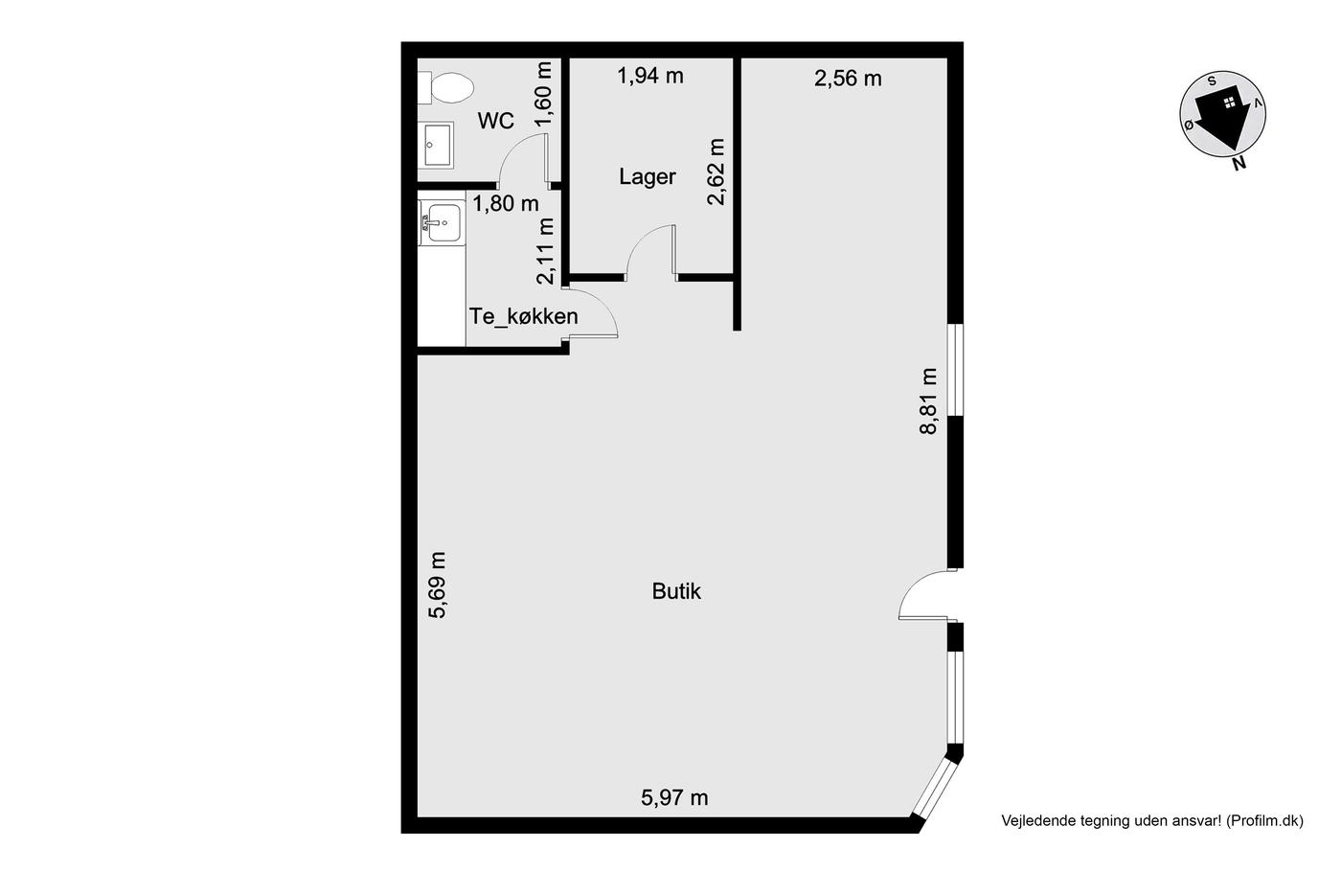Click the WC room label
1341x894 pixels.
pyautogui.click(x=496, y=121)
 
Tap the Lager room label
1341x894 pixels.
pyautogui.click(x=648, y=176)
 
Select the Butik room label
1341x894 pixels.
pyautogui.click(x=676, y=591)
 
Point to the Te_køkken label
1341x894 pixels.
pyautogui.click(x=523, y=316)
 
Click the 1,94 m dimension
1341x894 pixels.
pyautogui.click(x=650, y=76)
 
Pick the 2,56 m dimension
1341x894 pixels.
pyautogui.click(x=848, y=79)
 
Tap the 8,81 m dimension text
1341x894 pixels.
pyautogui.click(x=928, y=401)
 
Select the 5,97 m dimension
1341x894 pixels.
pyautogui.click(x=674, y=797)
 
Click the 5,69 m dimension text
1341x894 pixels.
pyautogui.click(x=438, y=585)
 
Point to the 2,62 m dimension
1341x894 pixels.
pyautogui.click(x=716, y=172)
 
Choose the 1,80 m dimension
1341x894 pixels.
pyautogui.click(x=506, y=204)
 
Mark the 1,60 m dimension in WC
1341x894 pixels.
pyautogui.click(x=543, y=94)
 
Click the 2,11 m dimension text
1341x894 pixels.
pyautogui.click(x=545, y=251)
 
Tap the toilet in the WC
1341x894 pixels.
pyautogui.click(x=445, y=87)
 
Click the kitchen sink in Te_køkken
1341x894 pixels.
pyautogui.click(x=442, y=222)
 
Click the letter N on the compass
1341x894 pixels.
pyautogui.click(x=1239, y=162)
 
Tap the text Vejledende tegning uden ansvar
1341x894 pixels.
pyautogui.click(x=1111, y=820)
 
